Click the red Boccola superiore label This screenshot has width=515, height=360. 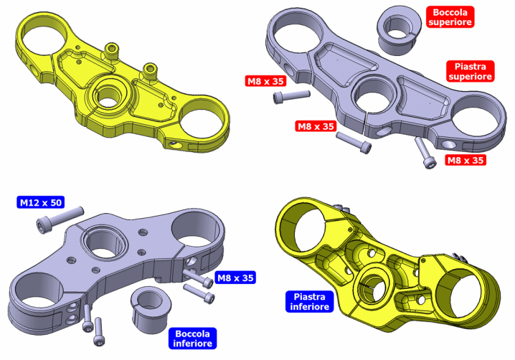[x=450, y=17]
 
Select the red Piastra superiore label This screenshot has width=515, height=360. [x=471, y=71]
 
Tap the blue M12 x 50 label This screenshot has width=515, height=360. [x=41, y=202]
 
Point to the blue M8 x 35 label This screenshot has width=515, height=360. [x=235, y=278]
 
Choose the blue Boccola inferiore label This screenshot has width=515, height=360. [x=192, y=338]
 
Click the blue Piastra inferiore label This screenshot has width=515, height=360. [x=310, y=301]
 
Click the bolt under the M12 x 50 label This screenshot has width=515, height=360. [x=60, y=219]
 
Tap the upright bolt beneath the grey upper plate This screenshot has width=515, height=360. [x=425, y=153]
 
